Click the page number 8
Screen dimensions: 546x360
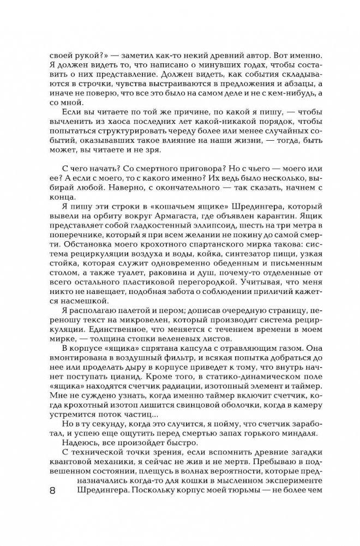click(x=52, y=503)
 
